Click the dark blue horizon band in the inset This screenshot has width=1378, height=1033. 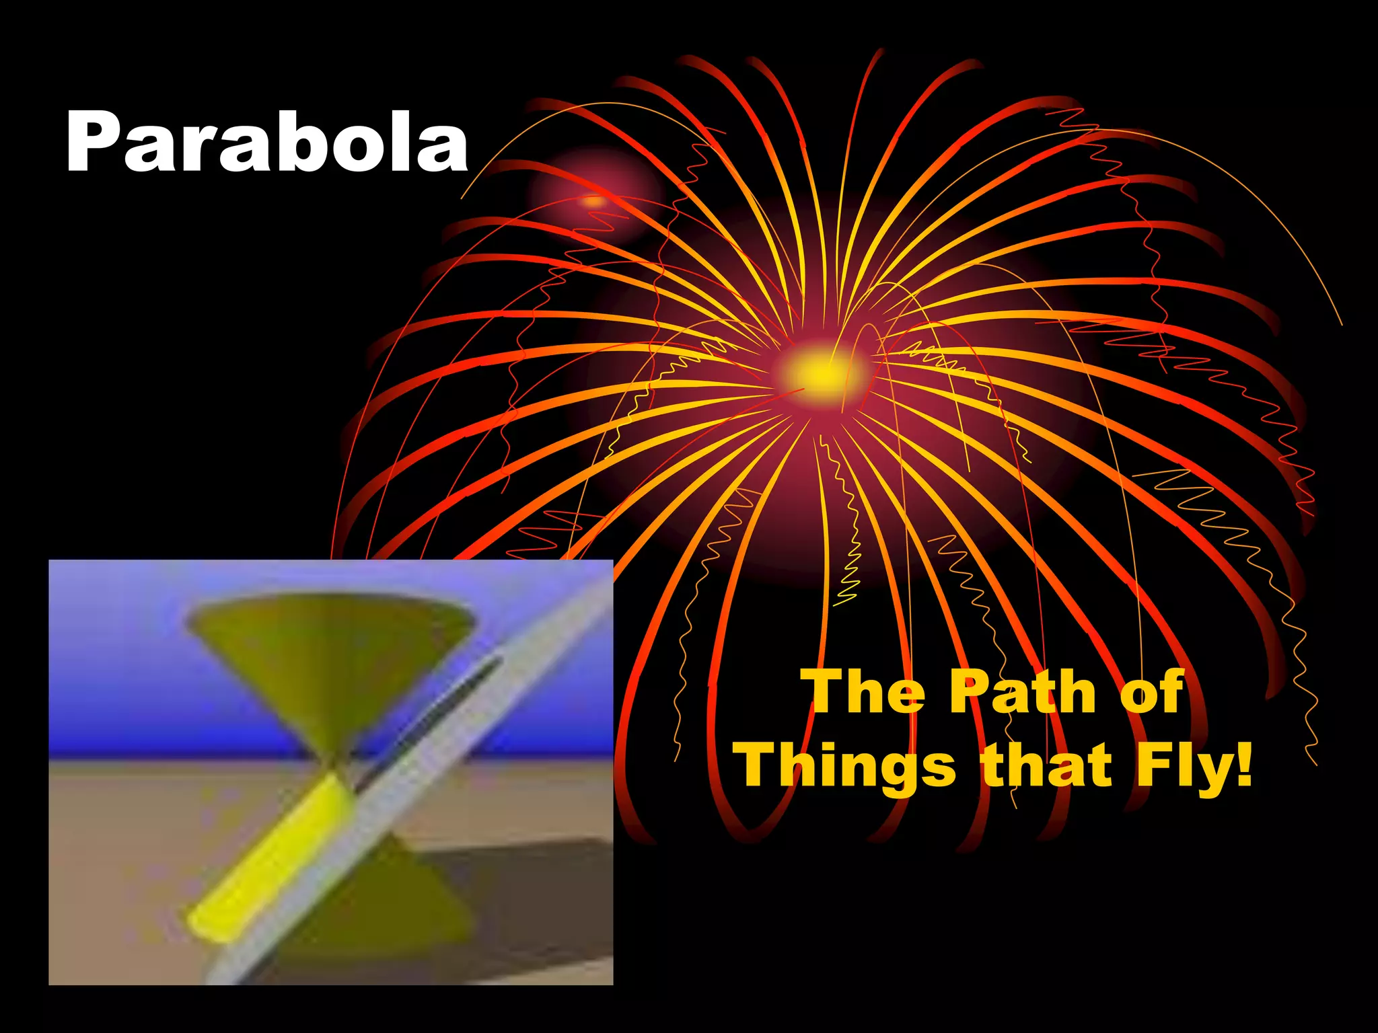pos(168,743)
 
